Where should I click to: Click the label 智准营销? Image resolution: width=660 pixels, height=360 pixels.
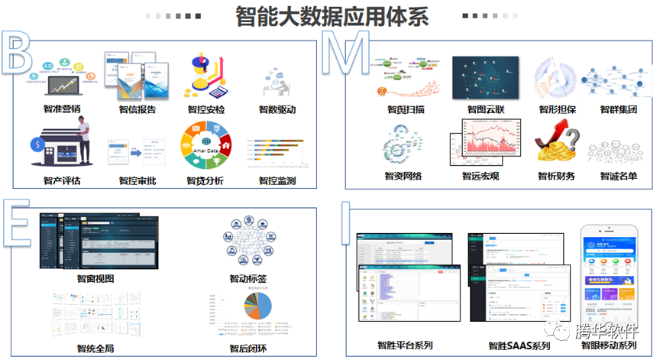(x=60, y=109)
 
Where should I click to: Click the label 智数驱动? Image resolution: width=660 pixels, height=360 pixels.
(x=277, y=109)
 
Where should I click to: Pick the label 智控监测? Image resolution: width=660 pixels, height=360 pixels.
(x=277, y=181)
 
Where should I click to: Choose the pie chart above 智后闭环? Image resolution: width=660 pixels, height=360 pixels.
(x=257, y=308)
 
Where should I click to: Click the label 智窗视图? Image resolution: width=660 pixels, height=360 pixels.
(x=95, y=278)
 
